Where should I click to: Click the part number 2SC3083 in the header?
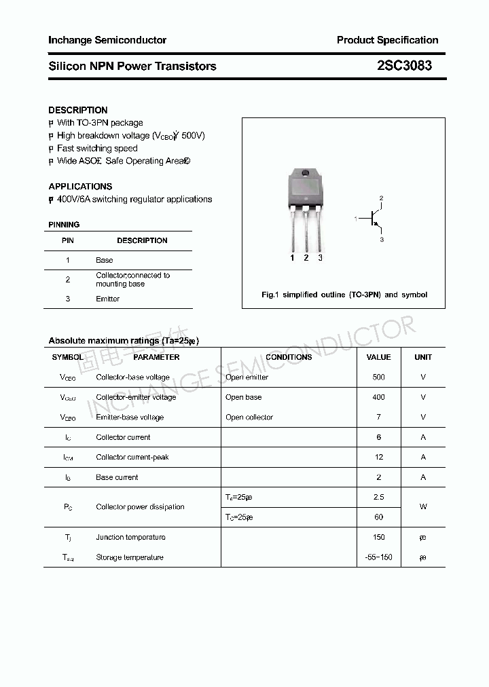point(404,66)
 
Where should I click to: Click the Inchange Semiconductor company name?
point(107,40)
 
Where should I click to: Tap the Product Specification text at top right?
point(387,40)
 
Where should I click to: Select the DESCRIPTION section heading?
point(78,110)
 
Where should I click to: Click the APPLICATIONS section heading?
point(80,186)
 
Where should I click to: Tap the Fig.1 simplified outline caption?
point(344,295)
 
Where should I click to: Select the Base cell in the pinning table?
point(105,260)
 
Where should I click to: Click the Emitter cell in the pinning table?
point(108,299)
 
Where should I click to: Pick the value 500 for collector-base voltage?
point(378,377)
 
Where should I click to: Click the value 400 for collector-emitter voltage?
point(378,397)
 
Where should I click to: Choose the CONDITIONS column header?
point(289,357)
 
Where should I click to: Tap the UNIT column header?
point(423,357)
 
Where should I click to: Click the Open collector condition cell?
point(249,417)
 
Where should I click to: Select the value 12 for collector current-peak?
point(378,457)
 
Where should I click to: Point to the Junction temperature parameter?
point(130,537)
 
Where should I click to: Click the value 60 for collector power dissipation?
point(378,517)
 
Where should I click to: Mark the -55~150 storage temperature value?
point(378,557)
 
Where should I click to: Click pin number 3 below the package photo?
point(320,258)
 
